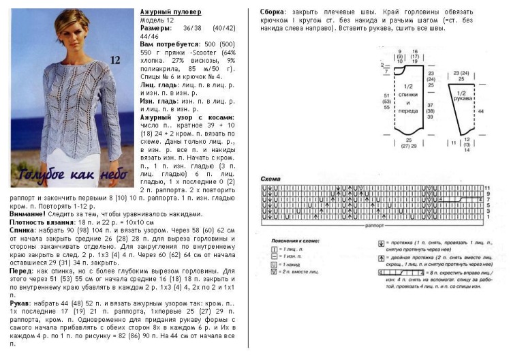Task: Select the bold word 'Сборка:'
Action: (x=275, y=13)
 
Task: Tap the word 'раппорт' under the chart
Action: (x=373, y=223)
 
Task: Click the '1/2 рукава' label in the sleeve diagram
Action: (x=461, y=95)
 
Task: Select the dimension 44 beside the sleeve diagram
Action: (x=482, y=110)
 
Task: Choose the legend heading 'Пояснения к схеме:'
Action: (x=288, y=242)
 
